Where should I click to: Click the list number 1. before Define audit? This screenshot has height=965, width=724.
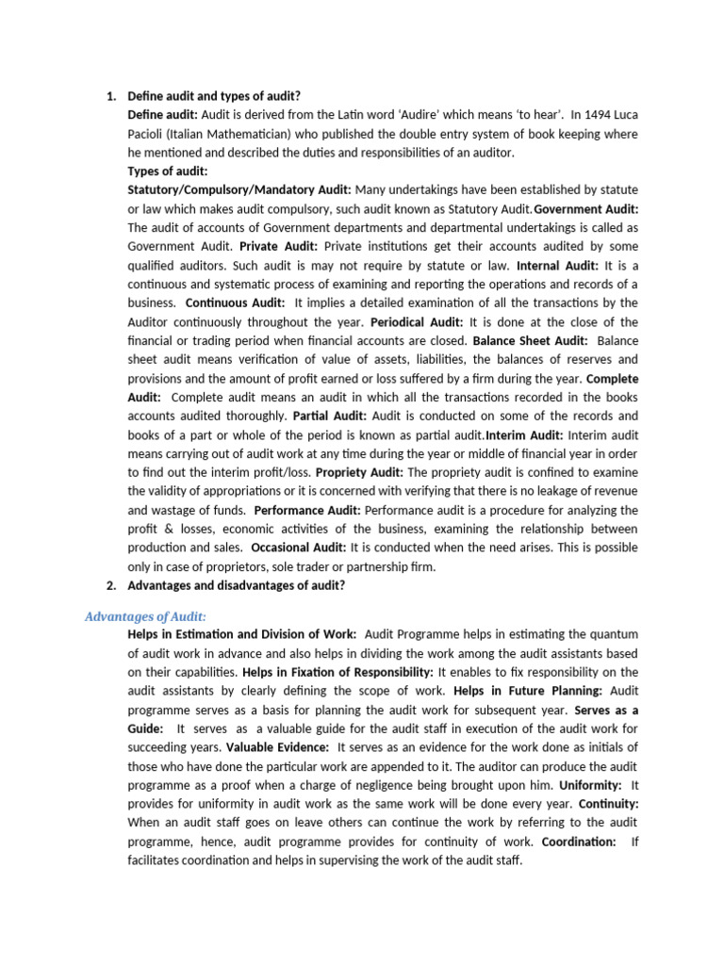pyautogui.click(x=109, y=95)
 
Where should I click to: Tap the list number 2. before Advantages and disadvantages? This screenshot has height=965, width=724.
pyautogui.click(x=109, y=585)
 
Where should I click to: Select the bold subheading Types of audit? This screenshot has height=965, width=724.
pyautogui.click(x=168, y=171)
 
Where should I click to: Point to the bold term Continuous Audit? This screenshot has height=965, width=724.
pyautogui.click(x=235, y=303)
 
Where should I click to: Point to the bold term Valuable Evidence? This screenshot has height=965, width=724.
pyautogui.click(x=277, y=747)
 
